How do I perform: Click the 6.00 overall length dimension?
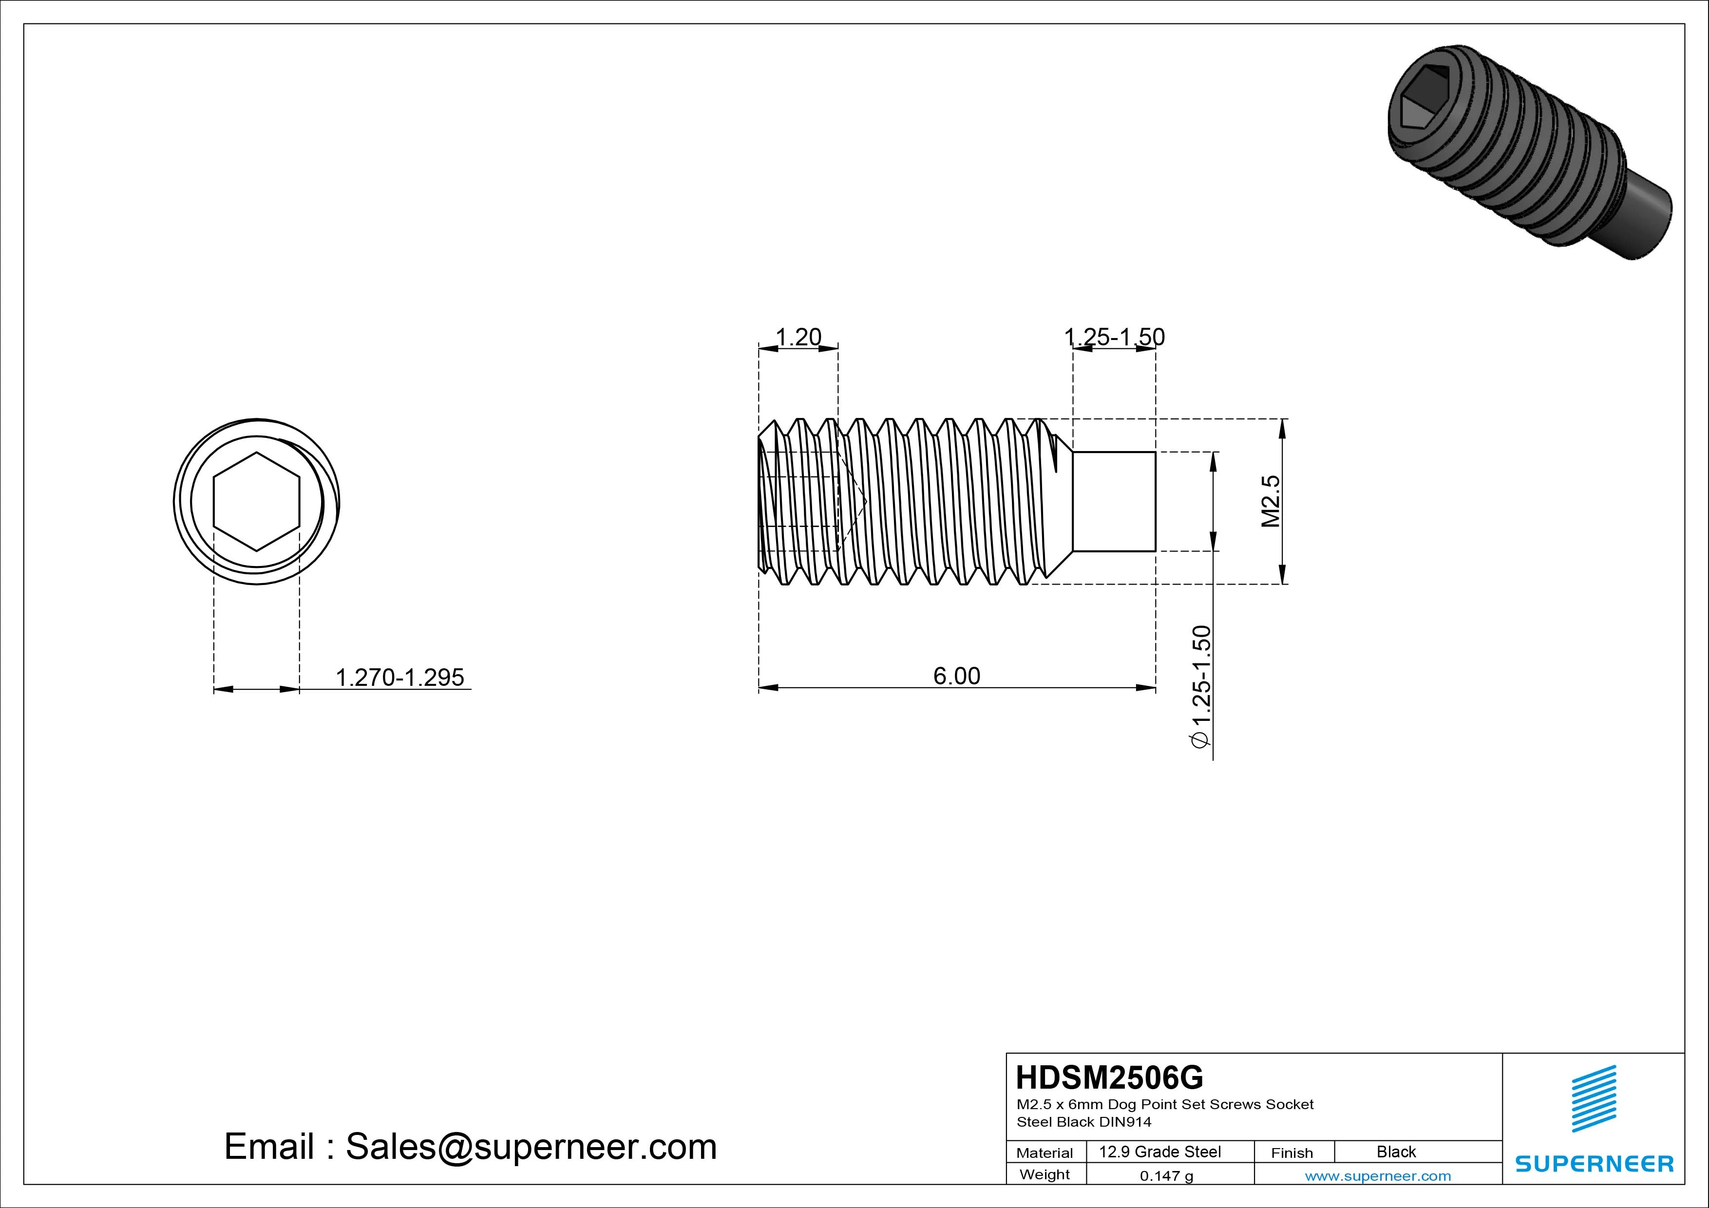pyautogui.click(x=956, y=676)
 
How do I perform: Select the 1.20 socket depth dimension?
pyautogui.click(x=798, y=337)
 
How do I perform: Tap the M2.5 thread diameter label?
pyautogui.click(x=1270, y=501)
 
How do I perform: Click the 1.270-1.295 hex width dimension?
pyautogui.click(x=399, y=678)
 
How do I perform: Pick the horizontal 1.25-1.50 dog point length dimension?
pyautogui.click(x=1114, y=337)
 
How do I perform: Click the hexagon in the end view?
pyautogui.click(x=256, y=502)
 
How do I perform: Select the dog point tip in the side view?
pyautogui.click(x=1114, y=502)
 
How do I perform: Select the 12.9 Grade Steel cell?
pyautogui.click(x=1159, y=1151)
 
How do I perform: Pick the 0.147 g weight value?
pyautogui.click(x=1166, y=1176)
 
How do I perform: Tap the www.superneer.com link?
pyautogui.click(x=1378, y=1176)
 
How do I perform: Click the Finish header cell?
pyautogui.click(x=1292, y=1153)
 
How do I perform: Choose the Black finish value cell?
pyautogui.click(x=1396, y=1151)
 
